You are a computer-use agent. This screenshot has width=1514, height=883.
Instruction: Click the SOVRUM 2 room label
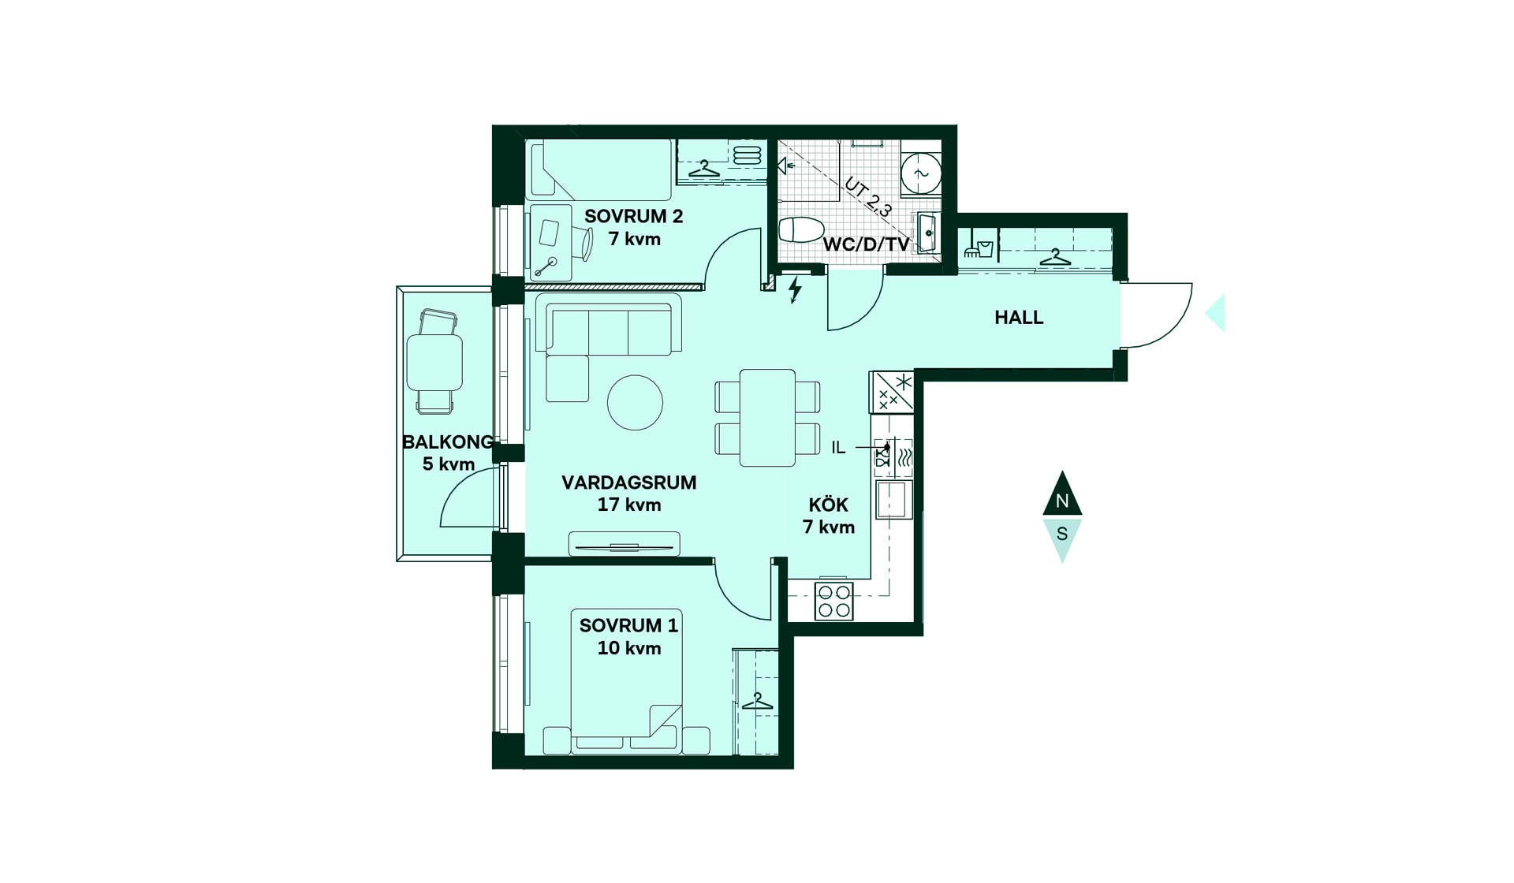coord(633,216)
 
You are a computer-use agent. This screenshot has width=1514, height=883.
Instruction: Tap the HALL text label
coord(1019,318)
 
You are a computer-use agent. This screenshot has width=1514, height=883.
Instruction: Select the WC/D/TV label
coord(866,244)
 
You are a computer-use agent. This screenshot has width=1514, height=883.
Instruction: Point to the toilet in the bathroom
coord(801,230)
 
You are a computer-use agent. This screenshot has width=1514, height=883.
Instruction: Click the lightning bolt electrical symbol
coord(795,289)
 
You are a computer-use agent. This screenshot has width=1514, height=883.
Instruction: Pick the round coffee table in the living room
coord(635,402)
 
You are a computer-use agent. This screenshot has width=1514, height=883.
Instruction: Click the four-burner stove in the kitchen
coord(833,601)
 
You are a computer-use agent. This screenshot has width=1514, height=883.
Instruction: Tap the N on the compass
coord(1062,501)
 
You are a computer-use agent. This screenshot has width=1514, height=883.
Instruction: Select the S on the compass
coord(1062,534)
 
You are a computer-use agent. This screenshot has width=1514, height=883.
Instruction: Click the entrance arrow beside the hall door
coord(1215,313)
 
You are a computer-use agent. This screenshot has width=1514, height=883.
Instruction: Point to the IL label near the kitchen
coord(838,448)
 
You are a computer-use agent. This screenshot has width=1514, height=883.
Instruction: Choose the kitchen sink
coord(892,499)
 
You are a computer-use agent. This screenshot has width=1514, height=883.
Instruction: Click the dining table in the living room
coord(767,418)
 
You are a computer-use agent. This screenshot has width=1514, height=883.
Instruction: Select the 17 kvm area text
coord(629,505)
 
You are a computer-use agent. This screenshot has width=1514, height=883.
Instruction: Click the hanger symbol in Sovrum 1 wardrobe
coord(758,701)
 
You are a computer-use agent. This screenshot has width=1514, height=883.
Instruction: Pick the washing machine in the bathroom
coord(921,173)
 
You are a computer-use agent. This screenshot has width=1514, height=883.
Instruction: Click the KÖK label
coord(828,505)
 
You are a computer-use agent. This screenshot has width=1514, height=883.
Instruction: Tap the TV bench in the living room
coord(624,544)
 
